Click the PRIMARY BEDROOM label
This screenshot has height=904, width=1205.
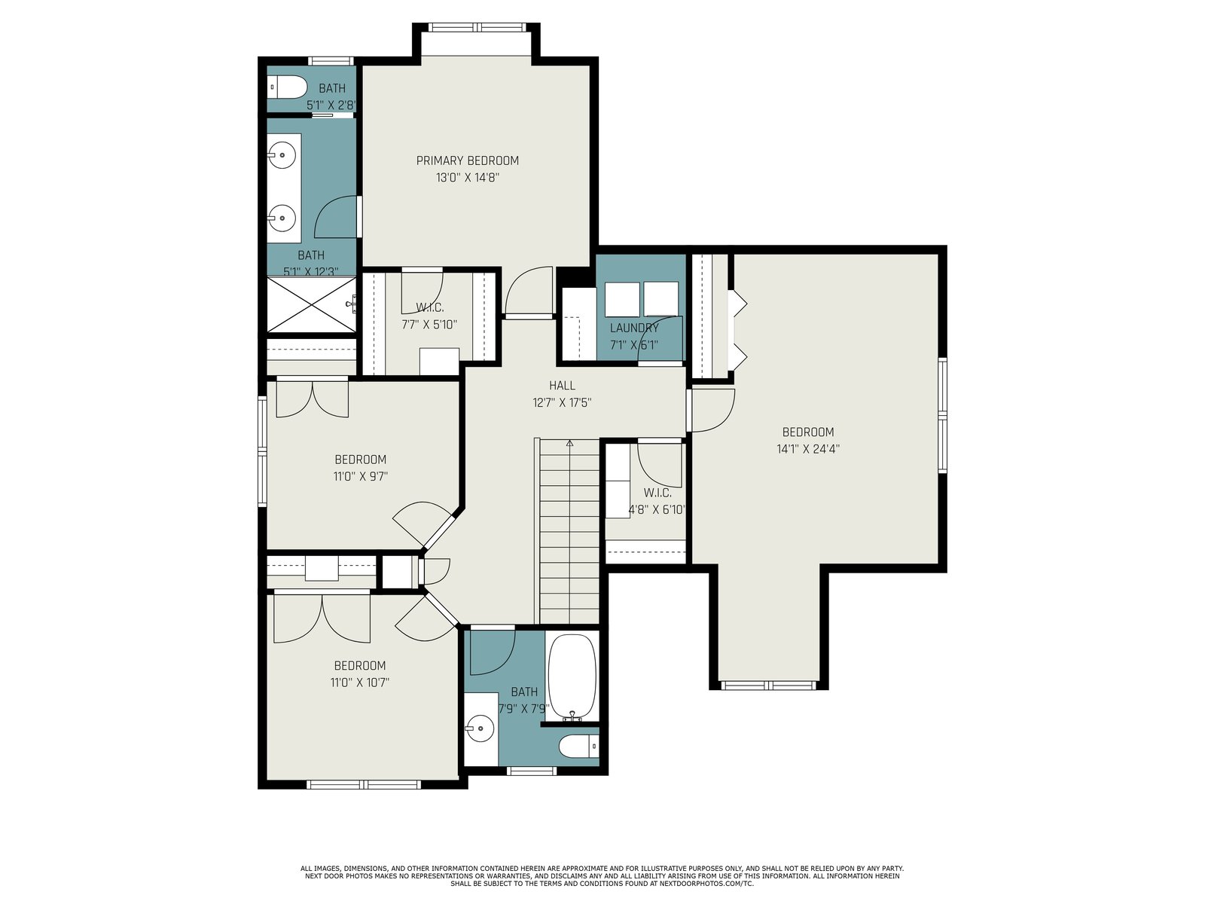(x=467, y=160)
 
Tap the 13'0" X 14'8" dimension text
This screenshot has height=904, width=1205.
(x=467, y=177)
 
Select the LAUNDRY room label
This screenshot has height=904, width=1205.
(x=634, y=328)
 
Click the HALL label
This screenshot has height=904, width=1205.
(x=562, y=385)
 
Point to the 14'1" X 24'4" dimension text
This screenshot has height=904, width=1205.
(x=808, y=449)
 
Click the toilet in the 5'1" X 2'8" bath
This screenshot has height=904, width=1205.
(x=287, y=87)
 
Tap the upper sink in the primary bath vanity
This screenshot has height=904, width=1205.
(x=282, y=154)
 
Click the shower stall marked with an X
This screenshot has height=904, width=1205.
(x=311, y=304)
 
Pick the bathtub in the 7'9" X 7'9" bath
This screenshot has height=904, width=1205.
(x=572, y=676)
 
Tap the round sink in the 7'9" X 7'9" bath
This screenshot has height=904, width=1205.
(x=479, y=728)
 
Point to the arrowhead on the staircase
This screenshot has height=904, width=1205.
(x=570, y=442)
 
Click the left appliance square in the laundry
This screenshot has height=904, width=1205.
(x=622, y=299)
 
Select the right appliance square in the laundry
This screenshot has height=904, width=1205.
(x=661, y=299)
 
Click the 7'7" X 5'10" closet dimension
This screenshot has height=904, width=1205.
(x=429, y=325)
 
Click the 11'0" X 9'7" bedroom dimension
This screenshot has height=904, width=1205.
(x=361, y=476)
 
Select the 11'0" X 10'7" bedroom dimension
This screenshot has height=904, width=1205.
(x=360, y=683)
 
